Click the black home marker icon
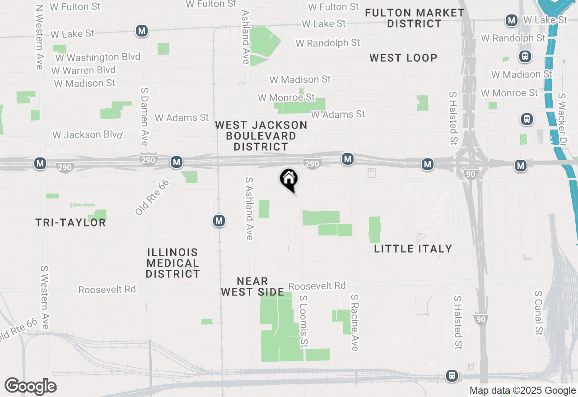pyautogui.click(x=289, y=179)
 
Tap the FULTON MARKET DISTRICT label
pyautogui.click(x=414, y=18)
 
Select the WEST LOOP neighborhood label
pyautogui.click(x=403, y=58)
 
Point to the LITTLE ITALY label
pyautogui.click(x=413, y=249)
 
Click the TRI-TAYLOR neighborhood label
pyautogui.click(x=70, y=222)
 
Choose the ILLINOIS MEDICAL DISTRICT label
pyautogui.click(x=172, y=263)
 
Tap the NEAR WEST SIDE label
pyautogui.click(x=252, y=287)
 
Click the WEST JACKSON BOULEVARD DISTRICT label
pyautogui.click(x=261, y=136)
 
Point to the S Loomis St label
pyautogui.click(x=303, y=322)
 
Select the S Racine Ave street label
pyautogui.click(x=354, y=323)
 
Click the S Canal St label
pyautogui.click(x=538, y=313)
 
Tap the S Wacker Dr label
pyautogui.click(x=562, y=120)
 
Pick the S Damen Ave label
pyautogui.click(x=144, y=116)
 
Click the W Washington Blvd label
pyautogui.click(x=98, y=57)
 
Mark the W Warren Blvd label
pyautogui.click(x=84, y=70)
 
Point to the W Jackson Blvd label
pyautogui.click(x=88, y=135)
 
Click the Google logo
pyautogui.click(x=30, y=387)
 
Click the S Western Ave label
pyautogui.click(x=45, y=297)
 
